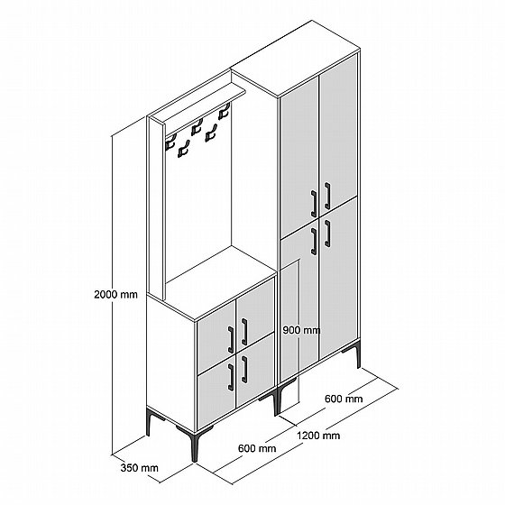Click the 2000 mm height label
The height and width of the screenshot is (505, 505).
pos(115,294)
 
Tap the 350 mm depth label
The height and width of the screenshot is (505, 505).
pos(140,468)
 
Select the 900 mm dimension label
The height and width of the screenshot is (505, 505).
pos(301,330)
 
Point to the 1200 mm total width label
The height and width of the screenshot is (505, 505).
pos(318,436)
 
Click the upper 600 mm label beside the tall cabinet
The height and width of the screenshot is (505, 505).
pos(344,399)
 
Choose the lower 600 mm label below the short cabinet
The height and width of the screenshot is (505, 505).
pos(257,448)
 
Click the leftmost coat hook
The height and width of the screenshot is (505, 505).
pos(170,142)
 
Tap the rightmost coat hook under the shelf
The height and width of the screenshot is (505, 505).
pos(225,111)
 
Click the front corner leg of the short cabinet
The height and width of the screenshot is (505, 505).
pos(195,445)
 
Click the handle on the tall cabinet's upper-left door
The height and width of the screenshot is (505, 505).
pos(314,204)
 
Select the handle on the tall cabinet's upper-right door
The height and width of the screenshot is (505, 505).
pos(327,196)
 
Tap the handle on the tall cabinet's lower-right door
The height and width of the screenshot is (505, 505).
pos(327,234)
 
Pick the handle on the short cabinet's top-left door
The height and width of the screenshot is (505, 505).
pos(231,340)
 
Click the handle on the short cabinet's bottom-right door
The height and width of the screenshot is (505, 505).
pos(244,370)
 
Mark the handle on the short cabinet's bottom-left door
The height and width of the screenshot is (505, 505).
pos(231,378)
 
